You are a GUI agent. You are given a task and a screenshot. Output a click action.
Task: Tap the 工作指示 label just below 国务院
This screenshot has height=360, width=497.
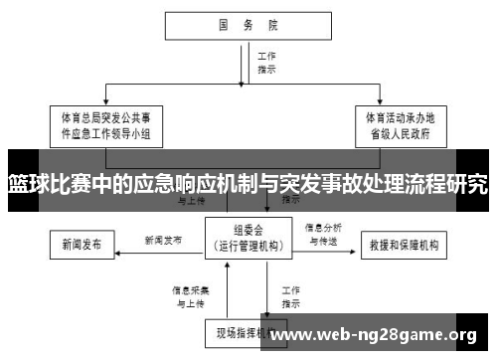[266, 64]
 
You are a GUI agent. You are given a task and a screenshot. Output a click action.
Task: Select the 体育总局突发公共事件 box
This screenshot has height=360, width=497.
[107, 126]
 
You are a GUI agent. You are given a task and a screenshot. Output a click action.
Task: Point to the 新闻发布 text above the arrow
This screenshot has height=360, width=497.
[163, 240]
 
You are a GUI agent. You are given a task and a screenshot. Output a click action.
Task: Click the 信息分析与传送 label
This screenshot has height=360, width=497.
[323, 233]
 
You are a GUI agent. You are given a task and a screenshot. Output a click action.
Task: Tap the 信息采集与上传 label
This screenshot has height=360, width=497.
[189, 295]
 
